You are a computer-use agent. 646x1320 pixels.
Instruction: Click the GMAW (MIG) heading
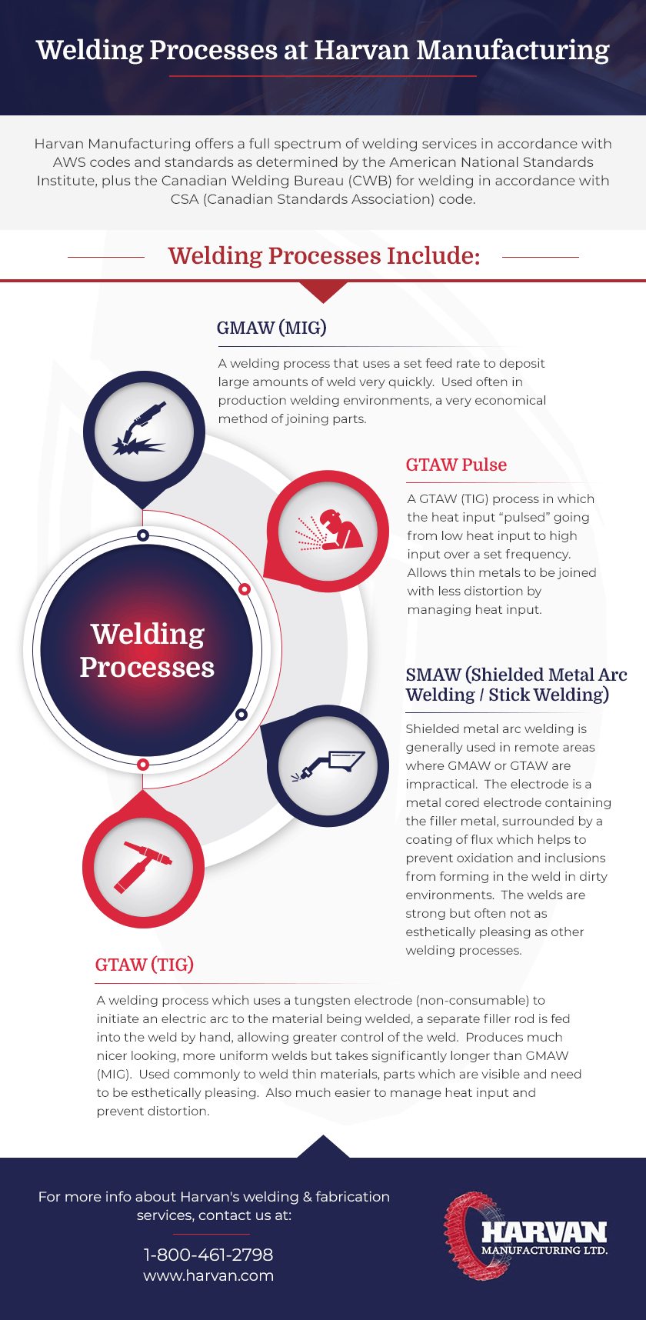coord(271,328)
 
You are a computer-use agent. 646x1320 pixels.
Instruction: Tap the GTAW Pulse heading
coord(456,465)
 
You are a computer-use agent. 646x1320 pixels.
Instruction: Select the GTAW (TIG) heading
coord(145,965)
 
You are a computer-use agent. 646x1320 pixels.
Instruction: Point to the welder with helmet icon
coord(329,530)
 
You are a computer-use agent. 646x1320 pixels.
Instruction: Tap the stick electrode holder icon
coord(328,765)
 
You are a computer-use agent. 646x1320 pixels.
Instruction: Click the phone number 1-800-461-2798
coord(208,1255)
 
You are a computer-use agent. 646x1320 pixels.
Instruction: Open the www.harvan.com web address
coord(208,1275)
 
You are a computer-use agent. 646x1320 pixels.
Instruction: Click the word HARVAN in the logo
coord(544,1232)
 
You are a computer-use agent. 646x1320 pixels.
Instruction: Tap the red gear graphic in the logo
coord(471,1235)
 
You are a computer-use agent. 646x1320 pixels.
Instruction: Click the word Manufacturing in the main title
coord(513,50)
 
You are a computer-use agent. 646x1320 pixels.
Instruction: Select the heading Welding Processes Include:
coord(324,255)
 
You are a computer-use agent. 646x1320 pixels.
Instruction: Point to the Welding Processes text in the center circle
coord(147,651)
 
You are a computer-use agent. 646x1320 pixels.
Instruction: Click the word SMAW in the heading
coord(433,675)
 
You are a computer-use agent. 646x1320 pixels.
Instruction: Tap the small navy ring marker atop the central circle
coord(142,535)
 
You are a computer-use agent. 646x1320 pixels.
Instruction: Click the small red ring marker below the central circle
coord(142,764)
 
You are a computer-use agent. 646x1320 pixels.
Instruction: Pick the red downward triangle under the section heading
coord(323,292)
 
